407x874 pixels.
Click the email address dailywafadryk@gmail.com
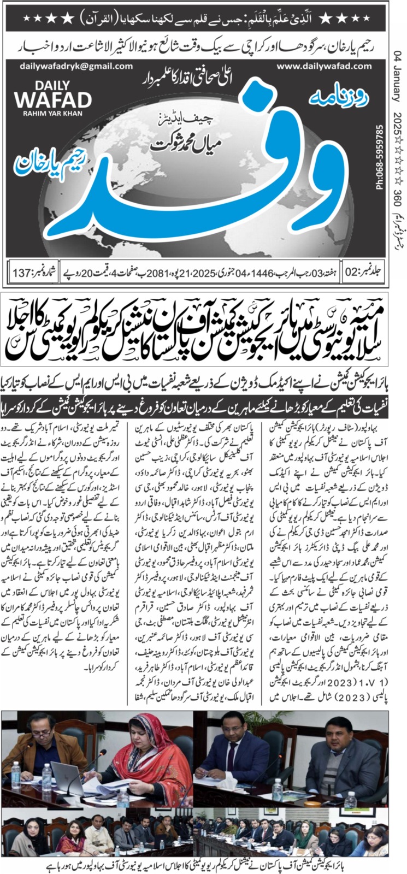pos(68,66)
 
